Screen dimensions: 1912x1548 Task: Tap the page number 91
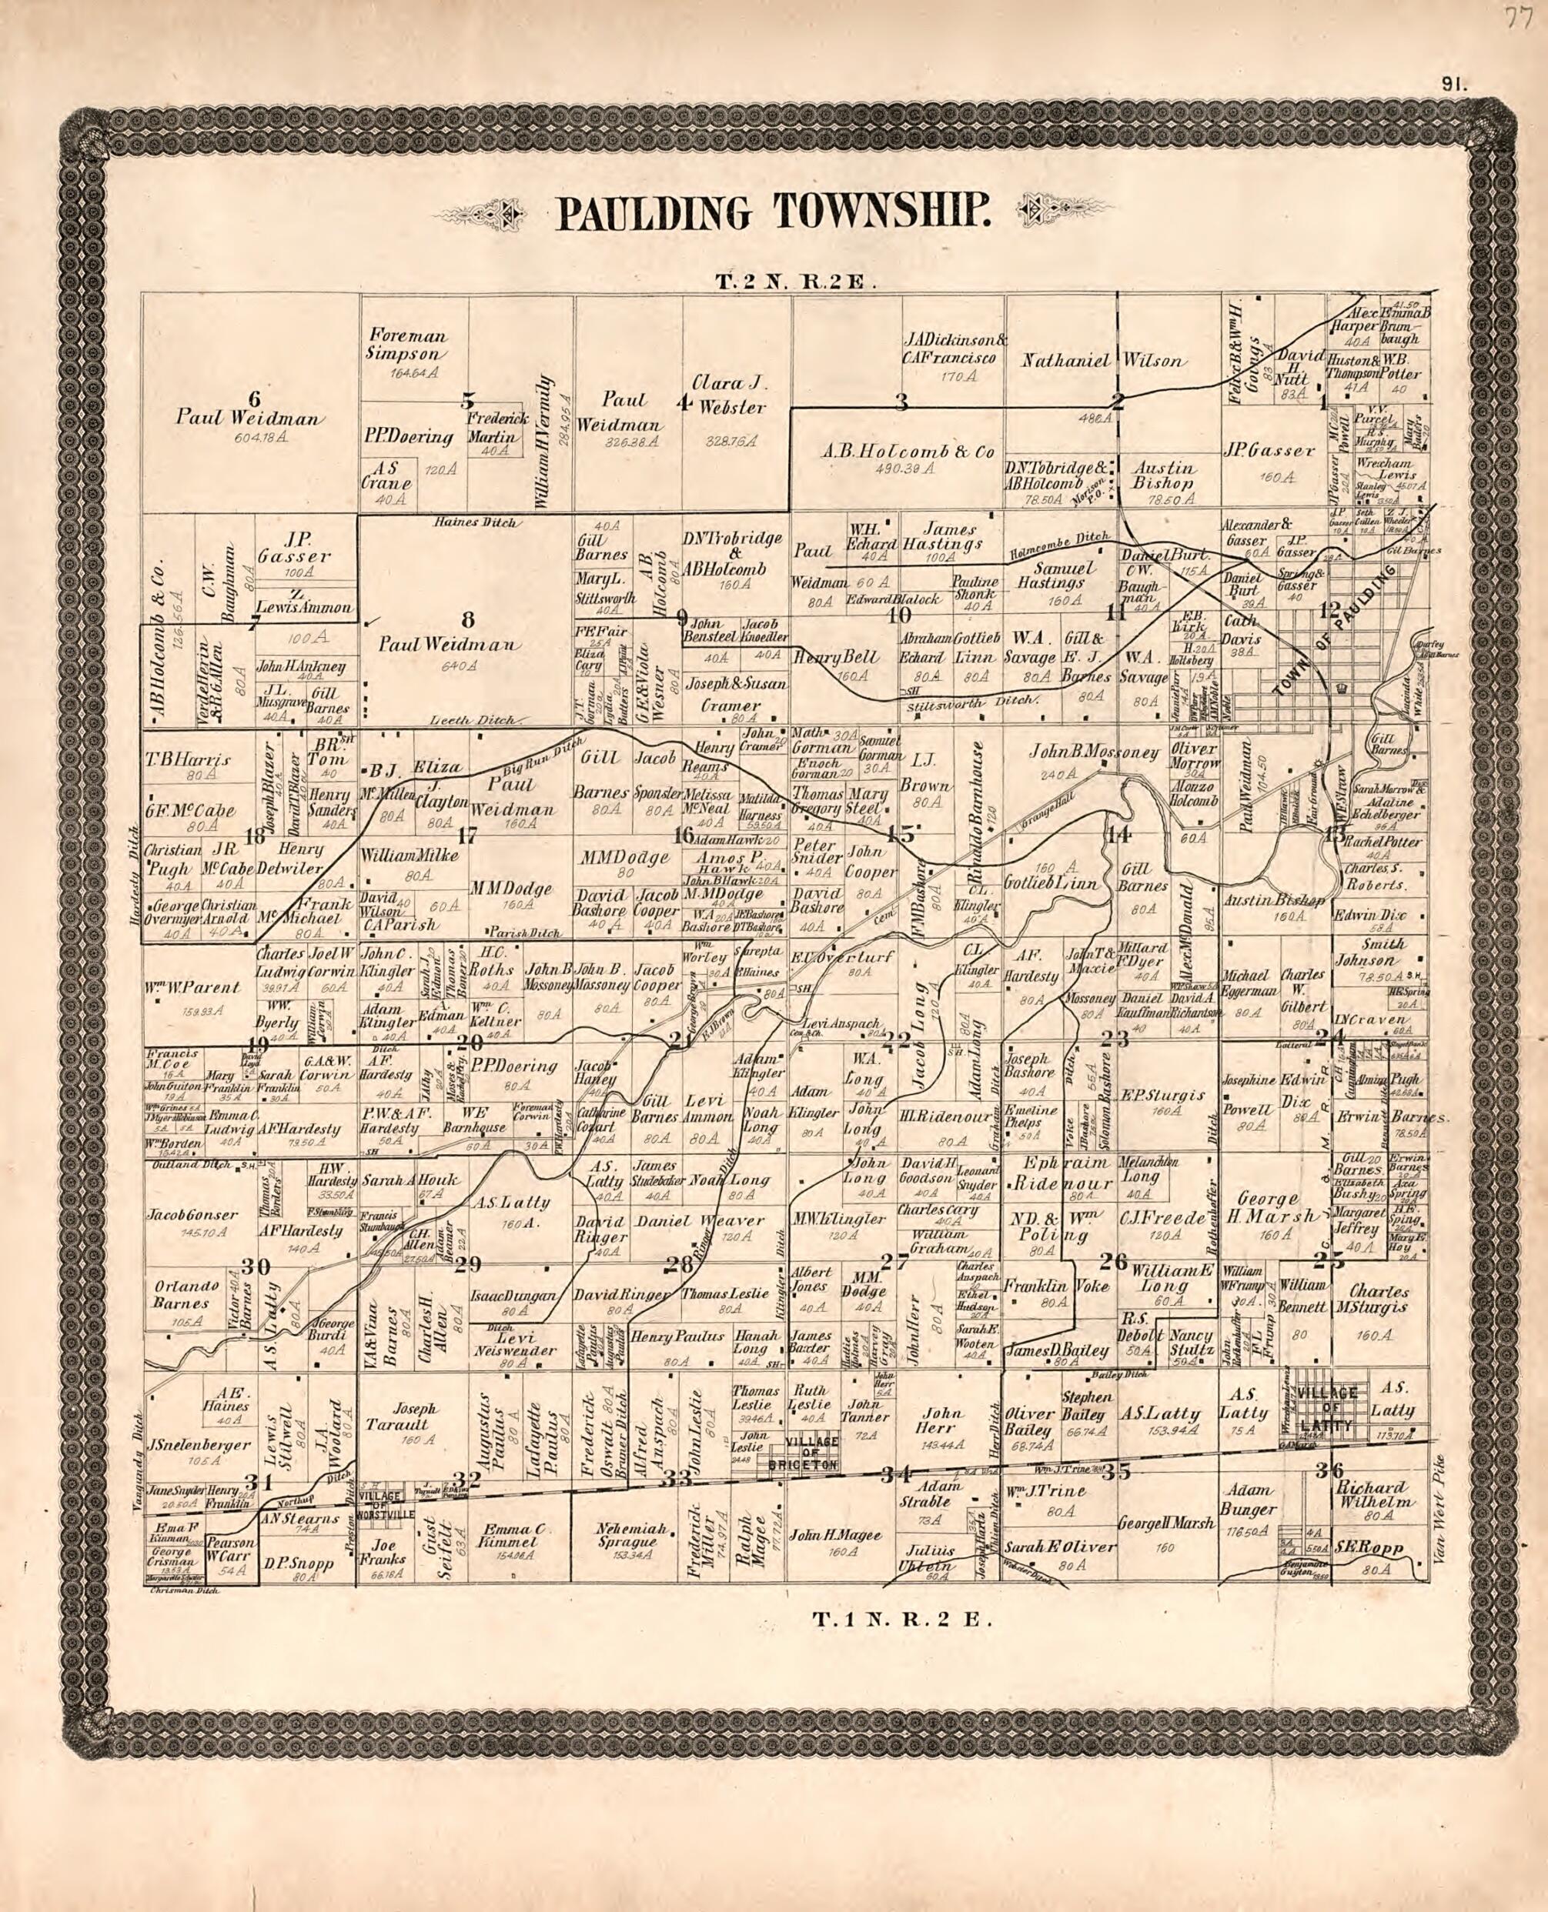coord(1453,85)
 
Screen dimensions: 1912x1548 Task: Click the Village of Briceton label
coord(811,1457)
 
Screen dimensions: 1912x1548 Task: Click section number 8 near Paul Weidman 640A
coord(467,620)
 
